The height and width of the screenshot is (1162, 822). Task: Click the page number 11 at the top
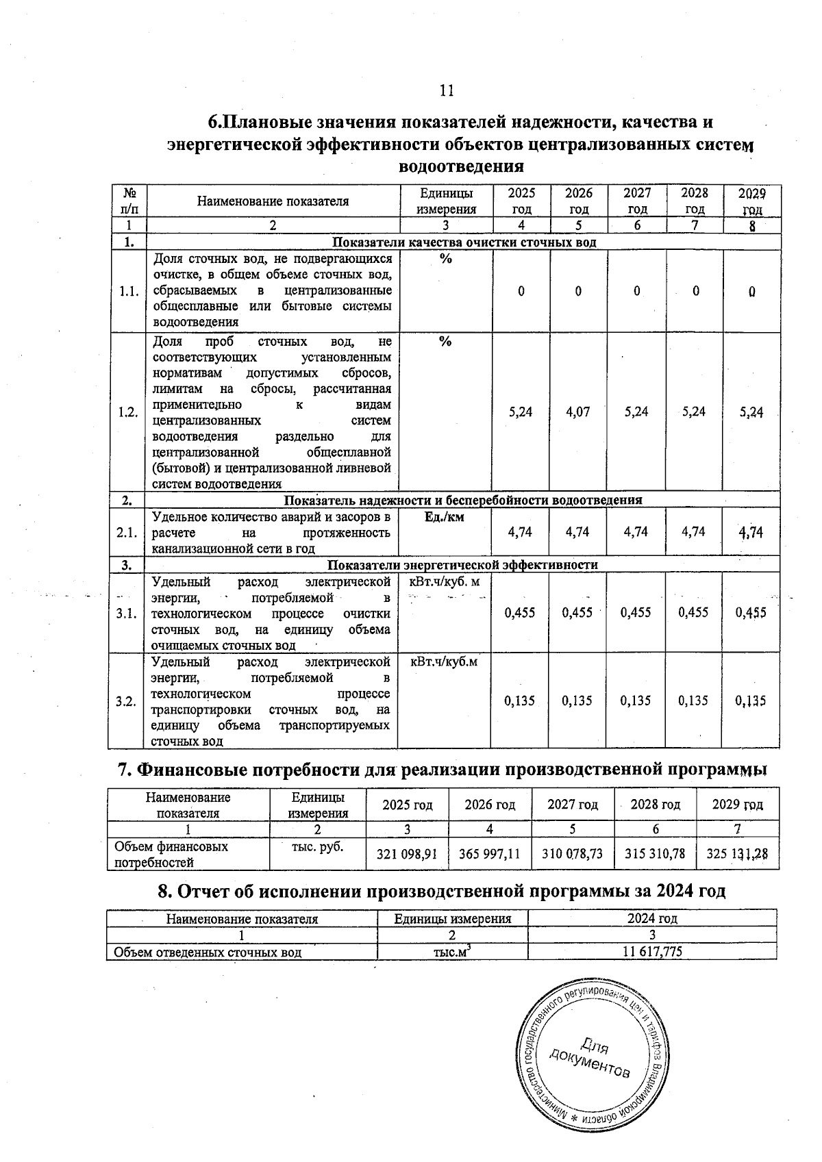click(446, 91)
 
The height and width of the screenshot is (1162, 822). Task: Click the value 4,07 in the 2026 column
click(578, 412)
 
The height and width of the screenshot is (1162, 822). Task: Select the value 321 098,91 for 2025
click(408, 854)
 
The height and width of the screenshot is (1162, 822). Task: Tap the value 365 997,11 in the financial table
click(490, 854)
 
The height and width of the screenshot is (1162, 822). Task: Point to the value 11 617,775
click(652, 952)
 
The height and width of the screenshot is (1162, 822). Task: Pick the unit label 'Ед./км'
click(444, 517)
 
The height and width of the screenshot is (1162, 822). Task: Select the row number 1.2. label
click(128, 412)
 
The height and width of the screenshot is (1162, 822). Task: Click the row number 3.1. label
click(128, 613)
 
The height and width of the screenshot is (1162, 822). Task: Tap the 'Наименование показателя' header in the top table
click(273, 201)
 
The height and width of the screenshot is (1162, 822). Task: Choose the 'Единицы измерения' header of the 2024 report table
click(453, 919)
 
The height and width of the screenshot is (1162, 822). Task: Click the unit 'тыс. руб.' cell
click(317, 847)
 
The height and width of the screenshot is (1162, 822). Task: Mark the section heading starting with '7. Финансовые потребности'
click(442, 770)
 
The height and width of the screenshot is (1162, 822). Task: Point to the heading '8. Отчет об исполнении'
click(441, 891)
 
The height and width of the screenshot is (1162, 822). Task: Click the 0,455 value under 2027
click(636, 613)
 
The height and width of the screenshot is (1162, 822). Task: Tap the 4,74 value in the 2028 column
click(694, 531)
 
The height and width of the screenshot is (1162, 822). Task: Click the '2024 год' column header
click(652, 919)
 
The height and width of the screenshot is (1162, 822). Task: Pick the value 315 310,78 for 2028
click(654, 854)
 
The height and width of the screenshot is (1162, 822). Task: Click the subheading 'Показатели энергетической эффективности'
click(463, 565)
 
